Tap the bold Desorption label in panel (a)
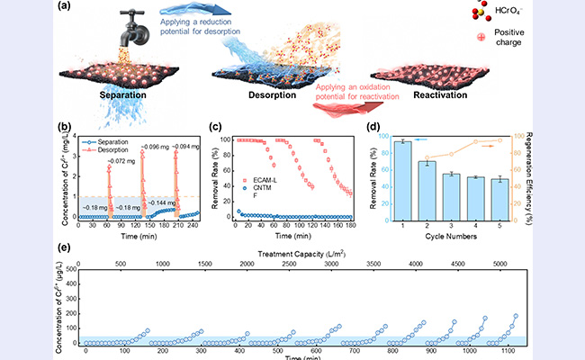point(271,93)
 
